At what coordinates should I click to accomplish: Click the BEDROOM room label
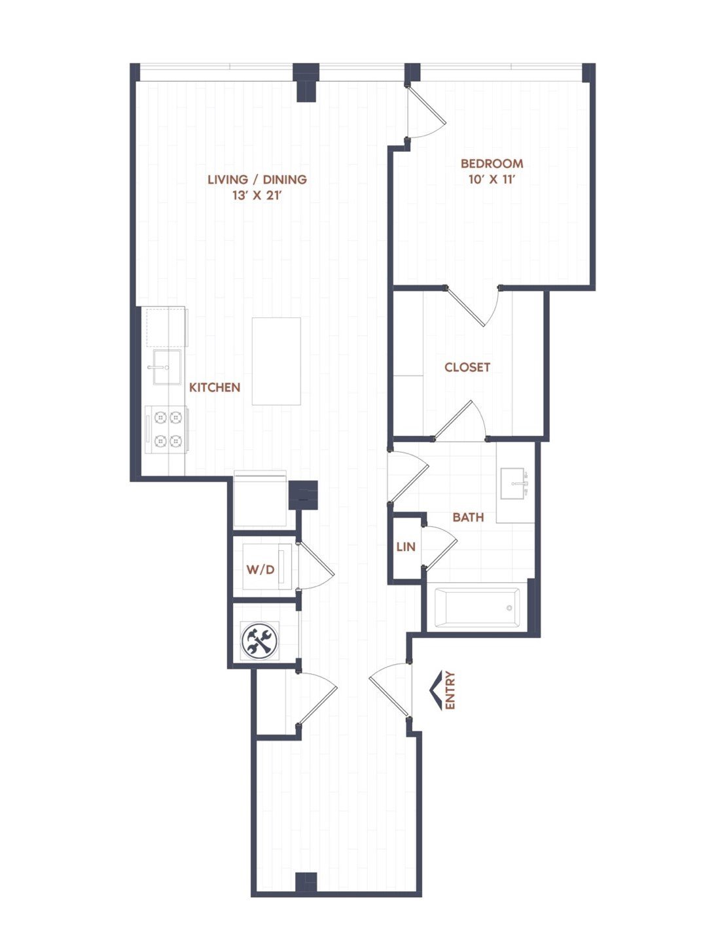(492, 164)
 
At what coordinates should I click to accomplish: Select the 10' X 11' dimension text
(492, 179)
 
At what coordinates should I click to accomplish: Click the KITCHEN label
(215, 387)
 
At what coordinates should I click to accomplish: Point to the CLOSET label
(467, 367)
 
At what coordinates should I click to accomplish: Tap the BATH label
(468, 517)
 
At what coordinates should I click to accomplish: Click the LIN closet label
(406, 547)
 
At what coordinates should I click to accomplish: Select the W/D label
(261, 569)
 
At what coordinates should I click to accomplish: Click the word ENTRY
(450, 690)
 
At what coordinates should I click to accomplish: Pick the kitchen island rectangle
(276, 361)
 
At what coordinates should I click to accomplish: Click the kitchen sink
(167, 367)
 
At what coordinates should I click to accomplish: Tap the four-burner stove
(166, 430)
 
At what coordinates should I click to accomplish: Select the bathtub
(477, 608)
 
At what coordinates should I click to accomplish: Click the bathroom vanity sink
(514, 483)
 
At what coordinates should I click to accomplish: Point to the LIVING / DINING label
(257, 179)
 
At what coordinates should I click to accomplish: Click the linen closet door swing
(439, 547)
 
